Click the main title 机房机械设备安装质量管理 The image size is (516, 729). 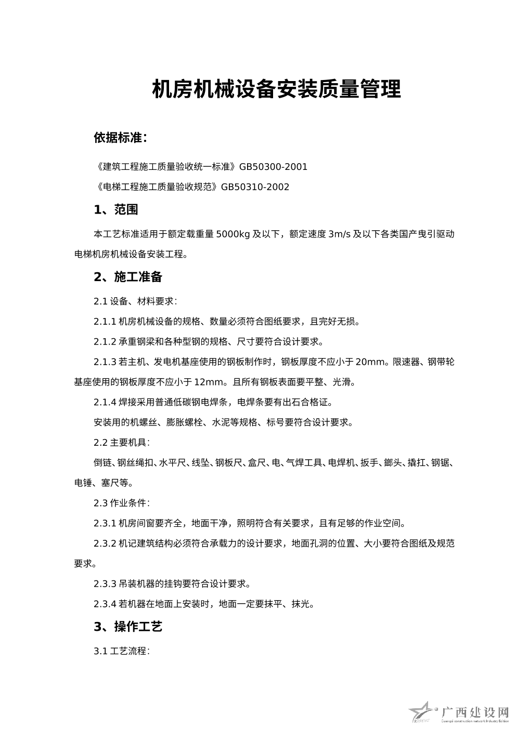(x=276, y=89)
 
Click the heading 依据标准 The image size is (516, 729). (x=120, y=138)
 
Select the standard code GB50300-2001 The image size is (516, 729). (x=273, y=167)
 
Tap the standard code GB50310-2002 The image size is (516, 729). (x=255, y=187)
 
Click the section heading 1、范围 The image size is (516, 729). (x=116, y=210)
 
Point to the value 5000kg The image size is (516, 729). (x=233, y=234)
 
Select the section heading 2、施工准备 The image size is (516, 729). (x=128, y=277)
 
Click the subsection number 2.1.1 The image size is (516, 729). (x=105, y=322)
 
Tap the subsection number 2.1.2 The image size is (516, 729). (x=105, y=342)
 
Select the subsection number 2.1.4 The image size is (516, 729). (x=105, y=403)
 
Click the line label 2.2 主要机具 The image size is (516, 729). (x=122, y=443)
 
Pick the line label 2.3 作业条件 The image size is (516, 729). (x=122, y=503)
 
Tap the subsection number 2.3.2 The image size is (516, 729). (x=105, y=544)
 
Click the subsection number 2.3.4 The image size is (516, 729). (x=105, y=604)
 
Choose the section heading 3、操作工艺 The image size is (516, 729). (x=128, y=627)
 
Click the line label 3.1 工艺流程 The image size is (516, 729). (x=122, y=651)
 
